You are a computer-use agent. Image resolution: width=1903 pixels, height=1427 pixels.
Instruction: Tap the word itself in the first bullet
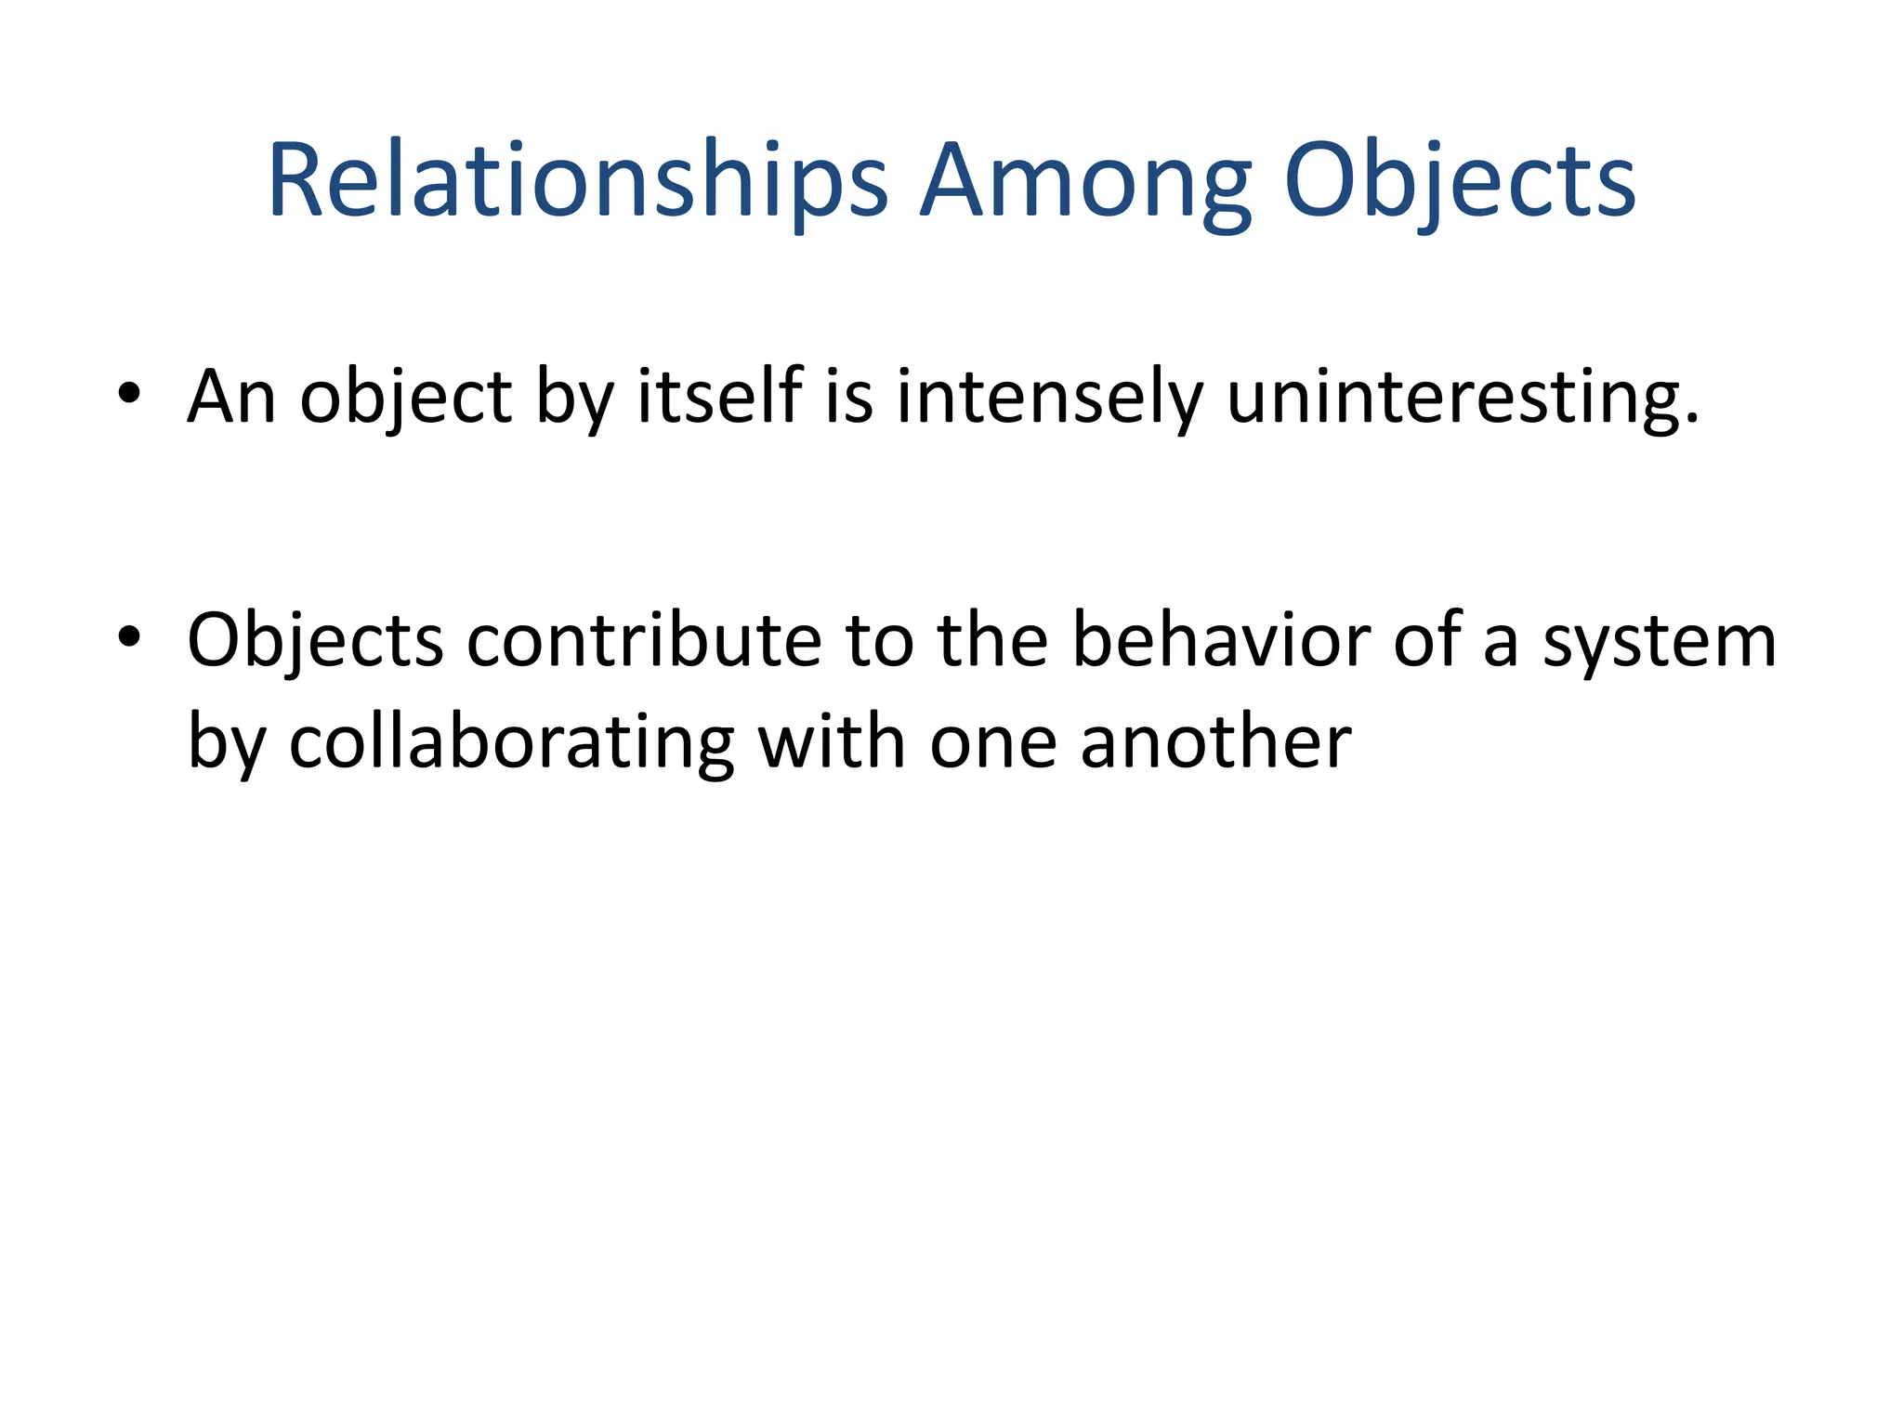719,398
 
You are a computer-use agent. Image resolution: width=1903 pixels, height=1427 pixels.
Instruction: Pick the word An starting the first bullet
231,398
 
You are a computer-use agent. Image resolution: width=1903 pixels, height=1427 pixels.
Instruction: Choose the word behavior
1221,641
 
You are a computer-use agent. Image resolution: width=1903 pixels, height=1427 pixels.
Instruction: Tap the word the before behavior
992,641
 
